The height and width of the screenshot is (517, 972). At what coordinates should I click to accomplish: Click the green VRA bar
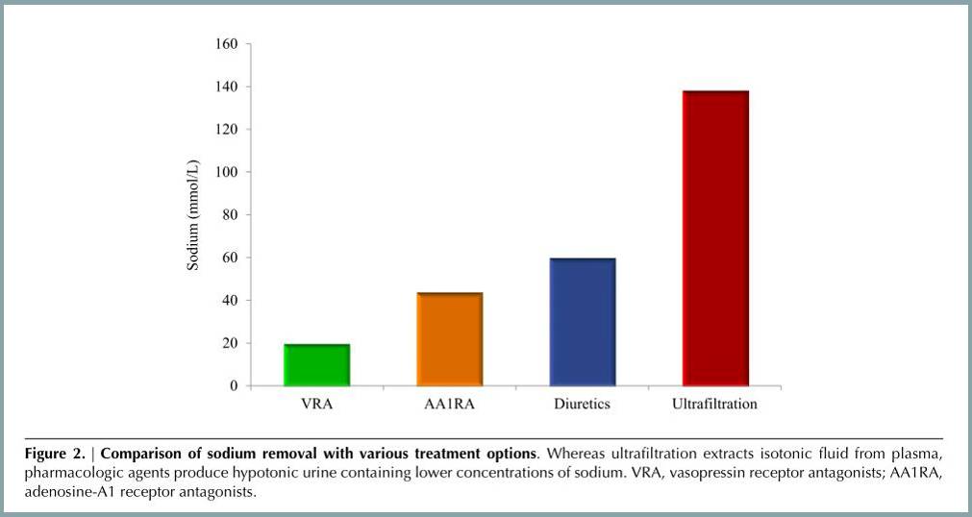pos(316,365)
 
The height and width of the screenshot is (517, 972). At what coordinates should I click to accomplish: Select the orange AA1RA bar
pos(449,339)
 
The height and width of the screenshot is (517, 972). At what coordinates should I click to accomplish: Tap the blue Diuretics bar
pos(582,322)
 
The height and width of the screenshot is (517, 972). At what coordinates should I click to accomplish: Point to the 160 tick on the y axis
pos(225,44)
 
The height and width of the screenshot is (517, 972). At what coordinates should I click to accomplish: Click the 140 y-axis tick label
pos(225,86)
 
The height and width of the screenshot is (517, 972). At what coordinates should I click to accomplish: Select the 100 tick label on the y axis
pos(225,172)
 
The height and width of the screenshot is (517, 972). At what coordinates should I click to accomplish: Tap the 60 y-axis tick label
pos(229,258)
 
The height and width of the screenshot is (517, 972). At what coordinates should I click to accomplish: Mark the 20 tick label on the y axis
pos(229,343)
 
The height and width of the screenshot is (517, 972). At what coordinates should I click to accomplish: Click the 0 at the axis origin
pos(233,386)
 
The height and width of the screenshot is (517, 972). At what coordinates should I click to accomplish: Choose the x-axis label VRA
pos(316,405)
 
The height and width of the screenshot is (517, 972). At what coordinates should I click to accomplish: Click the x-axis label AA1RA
pos(449,405)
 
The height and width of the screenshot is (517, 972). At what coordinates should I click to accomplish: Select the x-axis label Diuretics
pos(582,405)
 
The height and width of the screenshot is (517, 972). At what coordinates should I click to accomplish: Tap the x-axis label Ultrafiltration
pos(714,405)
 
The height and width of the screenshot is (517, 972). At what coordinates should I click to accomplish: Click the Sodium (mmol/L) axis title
pos(193,215)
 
